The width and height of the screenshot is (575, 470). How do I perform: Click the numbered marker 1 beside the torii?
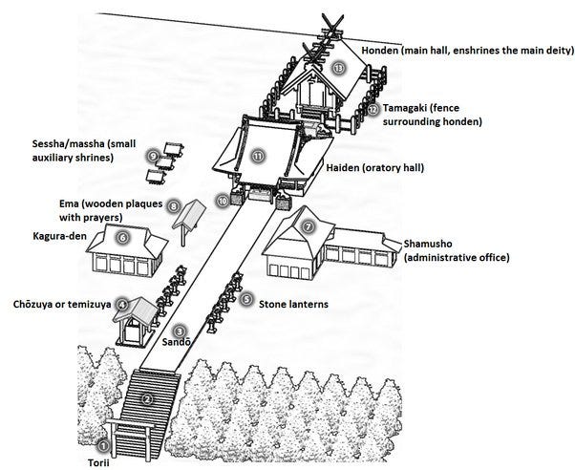tap(104, 445)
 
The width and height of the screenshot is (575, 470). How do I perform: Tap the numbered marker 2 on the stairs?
tap(146, 398)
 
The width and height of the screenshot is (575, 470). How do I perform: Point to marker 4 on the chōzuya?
tap(122, 303)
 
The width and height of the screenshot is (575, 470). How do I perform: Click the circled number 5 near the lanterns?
tap(246, 299)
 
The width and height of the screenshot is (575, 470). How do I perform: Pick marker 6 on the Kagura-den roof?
tap(122, 237)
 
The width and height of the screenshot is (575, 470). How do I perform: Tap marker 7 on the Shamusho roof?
tap(308, 227)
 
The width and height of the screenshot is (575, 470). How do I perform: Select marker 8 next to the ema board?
tap(173, 204)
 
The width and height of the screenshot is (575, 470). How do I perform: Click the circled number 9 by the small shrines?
tap(153, 155)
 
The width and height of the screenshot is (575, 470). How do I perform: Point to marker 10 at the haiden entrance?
tap(223, 201)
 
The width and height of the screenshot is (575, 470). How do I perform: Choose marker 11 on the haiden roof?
tap(257, 155)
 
